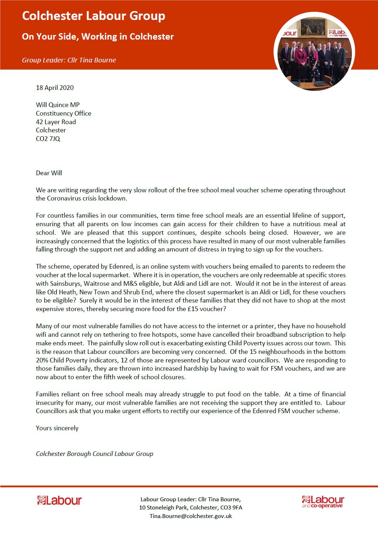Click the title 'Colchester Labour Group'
[x=93, y=16]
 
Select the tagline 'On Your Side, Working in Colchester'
[x=98, y=36]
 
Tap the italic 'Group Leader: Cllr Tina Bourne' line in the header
[x=69, y=60]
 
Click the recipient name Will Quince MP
[x=57, y=105]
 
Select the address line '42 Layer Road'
[x=56, y=122]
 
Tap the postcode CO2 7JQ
[x=48, y=139]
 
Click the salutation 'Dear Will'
[x=49, y=173]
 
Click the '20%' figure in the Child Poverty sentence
[x=42, y=360]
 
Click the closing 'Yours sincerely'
[x=57, y=428]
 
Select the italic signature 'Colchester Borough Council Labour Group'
[x=94, y=454]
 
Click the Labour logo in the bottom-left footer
[x=60, y=501]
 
